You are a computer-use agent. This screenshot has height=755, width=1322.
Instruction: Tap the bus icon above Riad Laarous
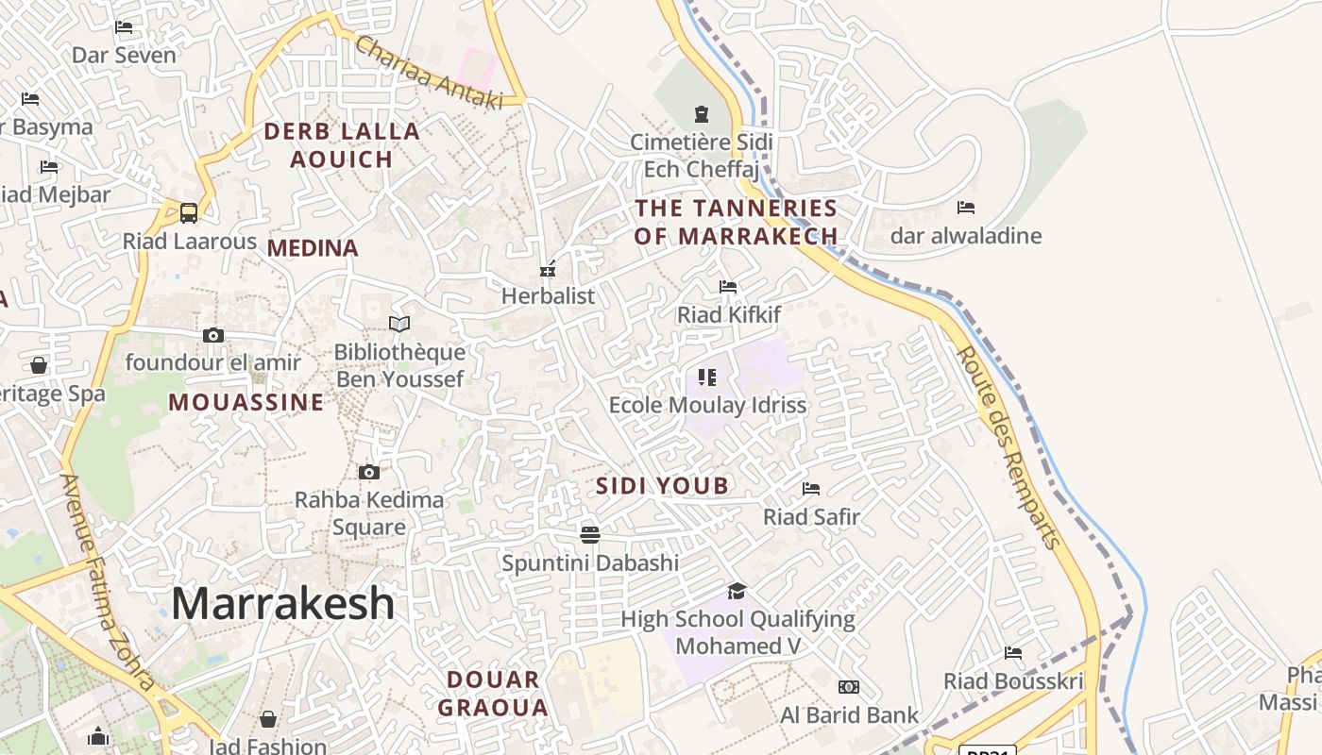[x=189, y=212]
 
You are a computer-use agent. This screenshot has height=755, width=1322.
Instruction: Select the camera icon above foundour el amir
[x=213, y=335]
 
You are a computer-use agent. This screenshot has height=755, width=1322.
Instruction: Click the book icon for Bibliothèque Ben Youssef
[x=399, y=325]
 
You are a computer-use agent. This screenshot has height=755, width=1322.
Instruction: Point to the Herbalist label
[x=548, y=295]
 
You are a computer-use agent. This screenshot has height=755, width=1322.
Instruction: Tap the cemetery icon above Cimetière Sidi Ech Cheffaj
[x=701, y=114]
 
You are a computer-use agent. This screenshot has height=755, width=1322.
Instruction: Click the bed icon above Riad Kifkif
[x=728, y=287]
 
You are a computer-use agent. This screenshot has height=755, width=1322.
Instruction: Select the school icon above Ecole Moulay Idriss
[x=706, y=377]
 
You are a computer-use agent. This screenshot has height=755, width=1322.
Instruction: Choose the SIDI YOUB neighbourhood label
[x=662, y=486]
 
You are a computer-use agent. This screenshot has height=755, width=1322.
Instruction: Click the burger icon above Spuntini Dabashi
[x=590, y=535]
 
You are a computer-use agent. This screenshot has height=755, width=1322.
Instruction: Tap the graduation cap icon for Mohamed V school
[x=737, y=592]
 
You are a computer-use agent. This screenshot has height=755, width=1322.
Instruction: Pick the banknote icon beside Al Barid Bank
[x=849, y=687]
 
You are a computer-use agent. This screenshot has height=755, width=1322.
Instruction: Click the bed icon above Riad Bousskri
[x=1013, y=653]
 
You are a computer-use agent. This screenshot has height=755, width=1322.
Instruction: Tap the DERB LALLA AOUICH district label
[x=341, y=145]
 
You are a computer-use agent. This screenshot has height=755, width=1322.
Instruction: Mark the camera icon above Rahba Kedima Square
[x=369, y=472]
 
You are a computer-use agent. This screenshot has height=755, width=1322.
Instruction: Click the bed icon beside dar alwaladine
[x=966, y=208]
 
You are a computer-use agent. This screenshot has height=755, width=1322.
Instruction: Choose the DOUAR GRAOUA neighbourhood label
[x=493, y=694]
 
